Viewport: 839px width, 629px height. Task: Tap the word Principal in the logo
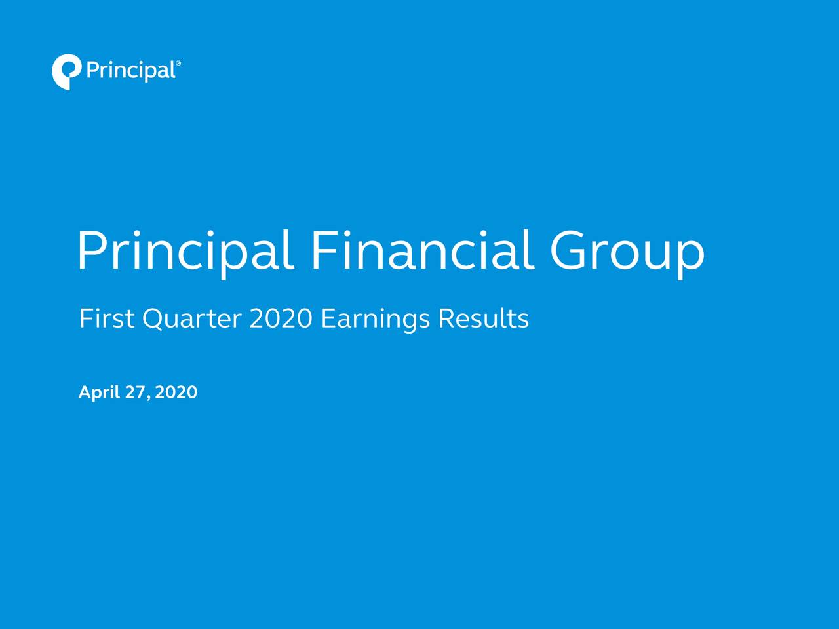[x=130, y=70]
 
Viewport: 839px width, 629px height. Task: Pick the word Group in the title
[x=627, y=252]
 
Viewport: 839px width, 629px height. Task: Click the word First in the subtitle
[x=106, y=319]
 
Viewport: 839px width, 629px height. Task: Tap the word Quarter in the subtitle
[x=191, y=320]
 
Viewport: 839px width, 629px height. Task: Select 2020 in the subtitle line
[x=280, y=319]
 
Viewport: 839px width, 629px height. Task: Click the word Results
[x=483, y=319]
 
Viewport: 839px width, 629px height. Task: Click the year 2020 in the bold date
[x=176, y=392]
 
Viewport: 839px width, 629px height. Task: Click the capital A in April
[x=85, y=392]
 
